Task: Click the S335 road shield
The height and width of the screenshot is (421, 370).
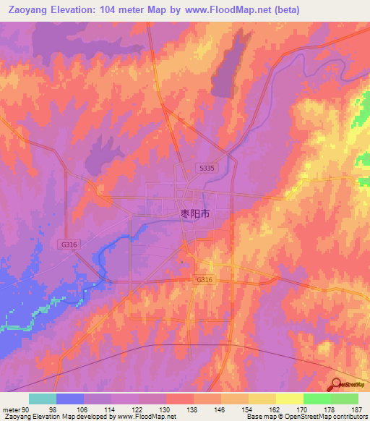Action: click(x=207, y=168)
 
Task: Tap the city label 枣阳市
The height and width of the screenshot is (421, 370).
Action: click(x=194, y=214)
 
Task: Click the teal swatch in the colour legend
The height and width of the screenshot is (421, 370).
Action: click(x=43, y=399)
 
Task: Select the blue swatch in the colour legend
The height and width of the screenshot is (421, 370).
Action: click(x=70, y=399)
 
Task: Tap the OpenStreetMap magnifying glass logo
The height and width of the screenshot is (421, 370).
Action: click(x=337, y=384)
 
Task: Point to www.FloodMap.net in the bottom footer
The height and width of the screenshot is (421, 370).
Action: click(x=147, y=416)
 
